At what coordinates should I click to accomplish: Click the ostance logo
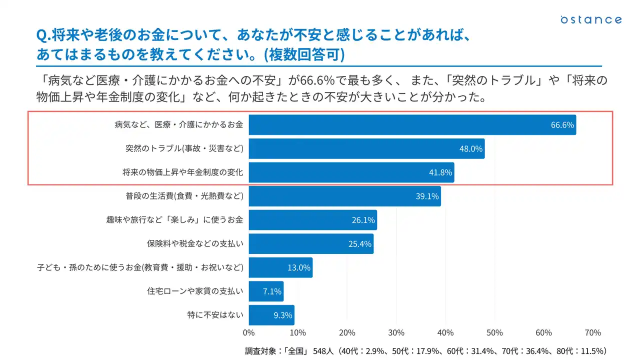coord(591,19)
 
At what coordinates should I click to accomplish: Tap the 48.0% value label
coord(471,148)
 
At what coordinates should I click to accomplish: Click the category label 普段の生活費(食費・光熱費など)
coord(184,196)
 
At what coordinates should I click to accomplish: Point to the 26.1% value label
coord(363,220)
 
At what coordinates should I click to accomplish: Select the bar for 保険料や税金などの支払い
coord(310,244)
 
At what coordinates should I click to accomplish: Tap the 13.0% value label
coord(299,267)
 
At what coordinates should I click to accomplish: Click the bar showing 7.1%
coord(265,291)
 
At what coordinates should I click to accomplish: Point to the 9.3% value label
coord(282,315)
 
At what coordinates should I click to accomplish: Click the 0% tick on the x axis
coord(248,333)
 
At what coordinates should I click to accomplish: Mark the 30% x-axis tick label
coord(396,333)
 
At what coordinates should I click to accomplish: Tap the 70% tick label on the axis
coord(592,333)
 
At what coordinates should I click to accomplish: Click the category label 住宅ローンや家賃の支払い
coord(195,291)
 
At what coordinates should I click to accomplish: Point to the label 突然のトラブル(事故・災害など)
coord(184,148)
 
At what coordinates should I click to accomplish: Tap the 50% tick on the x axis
coord(494,333)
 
